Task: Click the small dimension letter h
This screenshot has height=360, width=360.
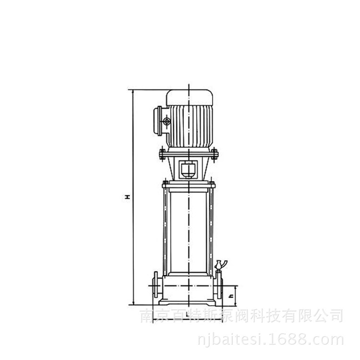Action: (x=232, y=296)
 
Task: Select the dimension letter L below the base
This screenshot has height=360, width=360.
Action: (x=188, y=314)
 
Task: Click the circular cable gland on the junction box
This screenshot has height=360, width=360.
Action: (x=167, y=121)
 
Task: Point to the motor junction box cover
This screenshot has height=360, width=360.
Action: (x=157, y=121)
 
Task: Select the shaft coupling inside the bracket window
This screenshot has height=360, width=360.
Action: (x=188, y=169)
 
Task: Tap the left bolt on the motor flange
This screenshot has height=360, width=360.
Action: (x=162, y=154)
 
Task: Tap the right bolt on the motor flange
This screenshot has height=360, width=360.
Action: (x=215, y=154)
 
